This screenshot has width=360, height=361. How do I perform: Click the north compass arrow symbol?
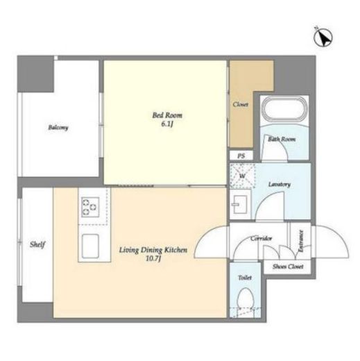323,37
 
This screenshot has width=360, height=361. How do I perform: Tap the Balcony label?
58,127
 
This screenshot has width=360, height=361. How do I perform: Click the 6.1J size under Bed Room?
167,124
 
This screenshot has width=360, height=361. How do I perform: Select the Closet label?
241,104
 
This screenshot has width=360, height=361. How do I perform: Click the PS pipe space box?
241,156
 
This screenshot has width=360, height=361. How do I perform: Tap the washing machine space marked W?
242,176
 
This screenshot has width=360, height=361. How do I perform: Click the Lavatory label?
280,185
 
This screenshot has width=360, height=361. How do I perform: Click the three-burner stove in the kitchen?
90,207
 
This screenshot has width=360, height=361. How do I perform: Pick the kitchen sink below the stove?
91,246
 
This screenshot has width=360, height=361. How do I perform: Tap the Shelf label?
37,244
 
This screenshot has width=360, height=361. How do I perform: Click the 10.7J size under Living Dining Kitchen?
153,258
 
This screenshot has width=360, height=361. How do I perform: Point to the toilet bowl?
246,299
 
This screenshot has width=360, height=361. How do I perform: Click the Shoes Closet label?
288,267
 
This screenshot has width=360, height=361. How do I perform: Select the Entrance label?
300,241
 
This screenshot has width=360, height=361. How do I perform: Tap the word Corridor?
261,238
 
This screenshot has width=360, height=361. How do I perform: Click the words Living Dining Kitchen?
153,250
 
